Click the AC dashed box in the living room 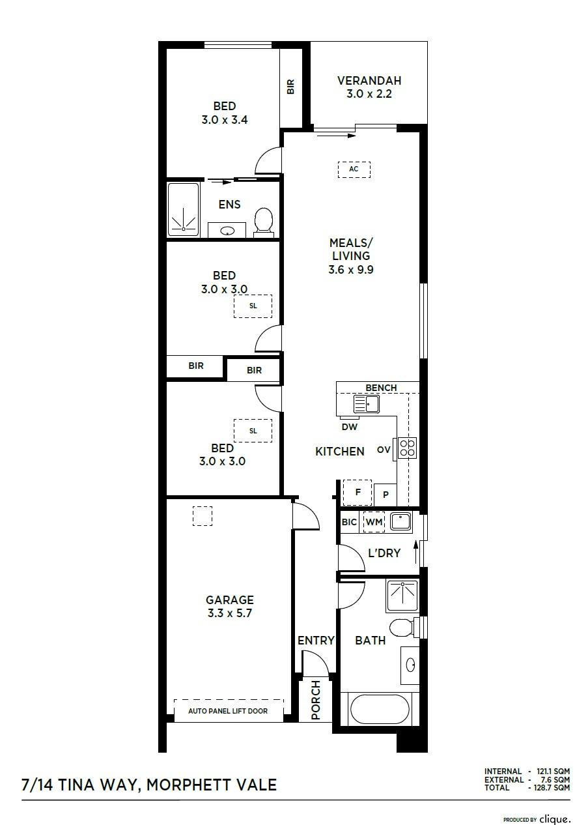tap(354, 169)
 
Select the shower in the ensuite tap(183, 209)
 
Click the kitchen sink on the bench tap(366, 403)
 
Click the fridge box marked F tap(357, 492)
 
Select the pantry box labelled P tap(386, 495)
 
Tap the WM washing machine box tap(374, 522)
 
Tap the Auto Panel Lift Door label tap(228, 711)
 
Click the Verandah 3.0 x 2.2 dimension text tap(369, 94)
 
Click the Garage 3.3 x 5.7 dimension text tap(229, 613)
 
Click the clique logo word tap(554, 819)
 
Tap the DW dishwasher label tap(349, 427)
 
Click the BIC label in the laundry tap(349, 522)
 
